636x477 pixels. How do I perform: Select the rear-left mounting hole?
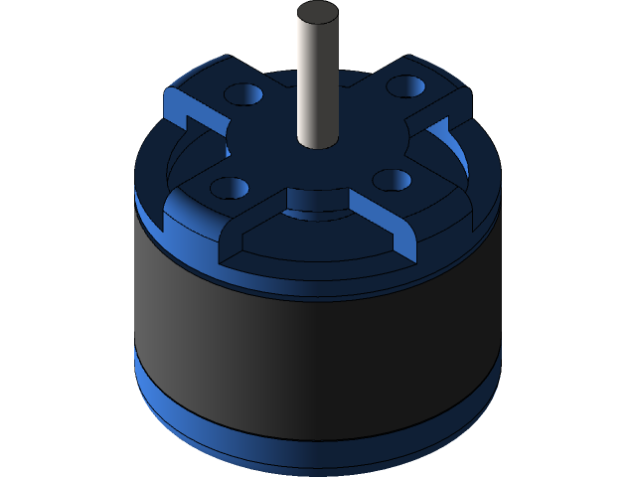click(x=242, y=95)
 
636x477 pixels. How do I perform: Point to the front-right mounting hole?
click(x=394, y=180)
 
